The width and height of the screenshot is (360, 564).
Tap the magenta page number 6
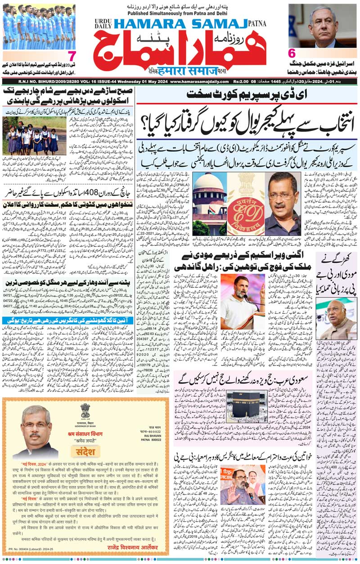(x=292, y=52)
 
